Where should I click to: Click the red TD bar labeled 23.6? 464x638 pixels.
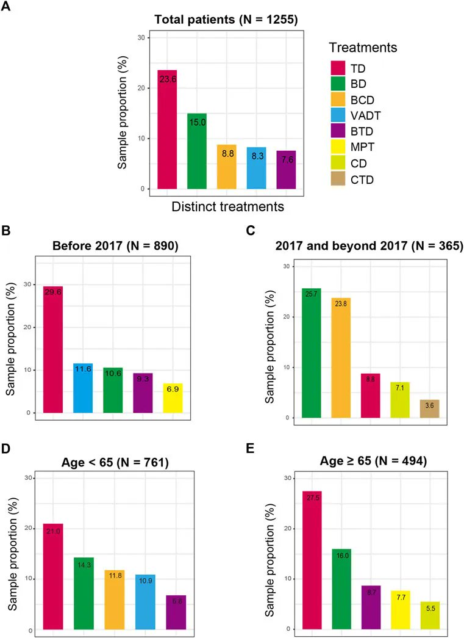click(x=166, y=129)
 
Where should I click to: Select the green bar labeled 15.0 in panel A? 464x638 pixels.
click(x=196, y=151)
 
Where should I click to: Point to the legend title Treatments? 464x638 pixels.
click(x=363, y=47)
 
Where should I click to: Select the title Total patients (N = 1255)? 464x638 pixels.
click(x=226, y=20)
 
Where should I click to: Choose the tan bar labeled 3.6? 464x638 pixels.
click(x=429, y=408)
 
